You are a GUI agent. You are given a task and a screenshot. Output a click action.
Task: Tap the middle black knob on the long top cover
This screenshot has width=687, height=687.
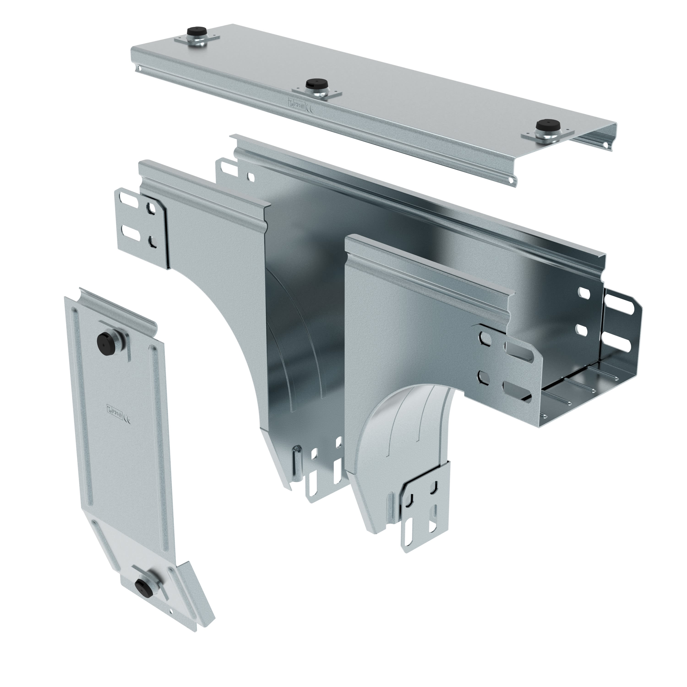coord(314,84)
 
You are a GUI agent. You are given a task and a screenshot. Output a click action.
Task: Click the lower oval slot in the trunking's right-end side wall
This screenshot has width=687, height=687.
coord(582,330)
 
